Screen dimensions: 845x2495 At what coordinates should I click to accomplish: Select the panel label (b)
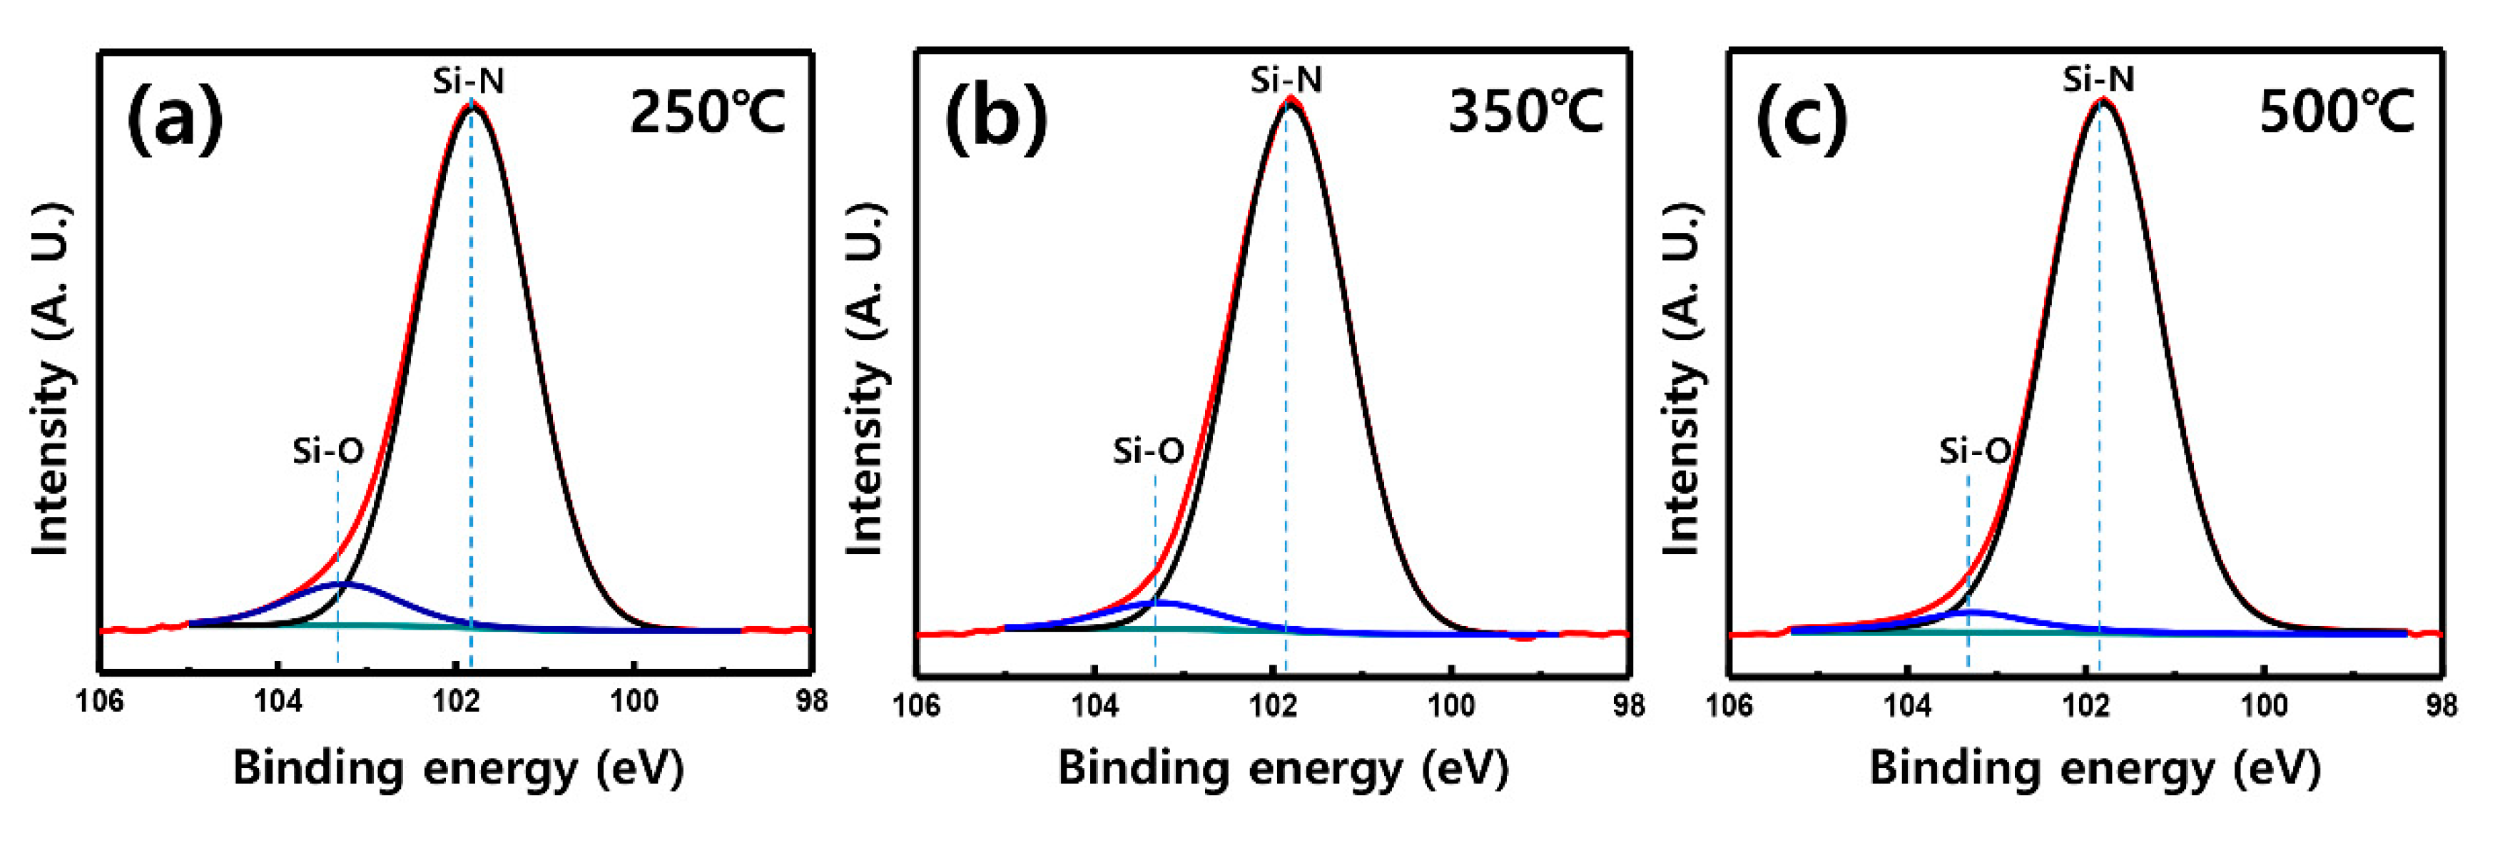tap(996, 116)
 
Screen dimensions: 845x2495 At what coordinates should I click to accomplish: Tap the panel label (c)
tap(1802, 116)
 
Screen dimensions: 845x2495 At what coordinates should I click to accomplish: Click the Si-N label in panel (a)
tap(469, 81)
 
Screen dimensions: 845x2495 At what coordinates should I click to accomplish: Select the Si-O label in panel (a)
tap(328, 451)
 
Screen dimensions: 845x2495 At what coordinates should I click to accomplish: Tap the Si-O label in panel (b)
tap(1148, 451)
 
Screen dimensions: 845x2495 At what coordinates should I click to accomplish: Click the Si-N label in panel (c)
tap(2098, 79)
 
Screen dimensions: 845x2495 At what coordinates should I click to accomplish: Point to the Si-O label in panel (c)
tap(1974, 451)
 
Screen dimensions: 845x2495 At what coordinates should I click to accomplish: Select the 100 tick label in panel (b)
tap(1451, 707)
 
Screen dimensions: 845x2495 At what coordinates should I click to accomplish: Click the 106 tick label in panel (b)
tap(916, 707)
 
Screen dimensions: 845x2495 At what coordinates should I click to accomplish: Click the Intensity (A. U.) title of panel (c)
tap(1682, 379)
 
